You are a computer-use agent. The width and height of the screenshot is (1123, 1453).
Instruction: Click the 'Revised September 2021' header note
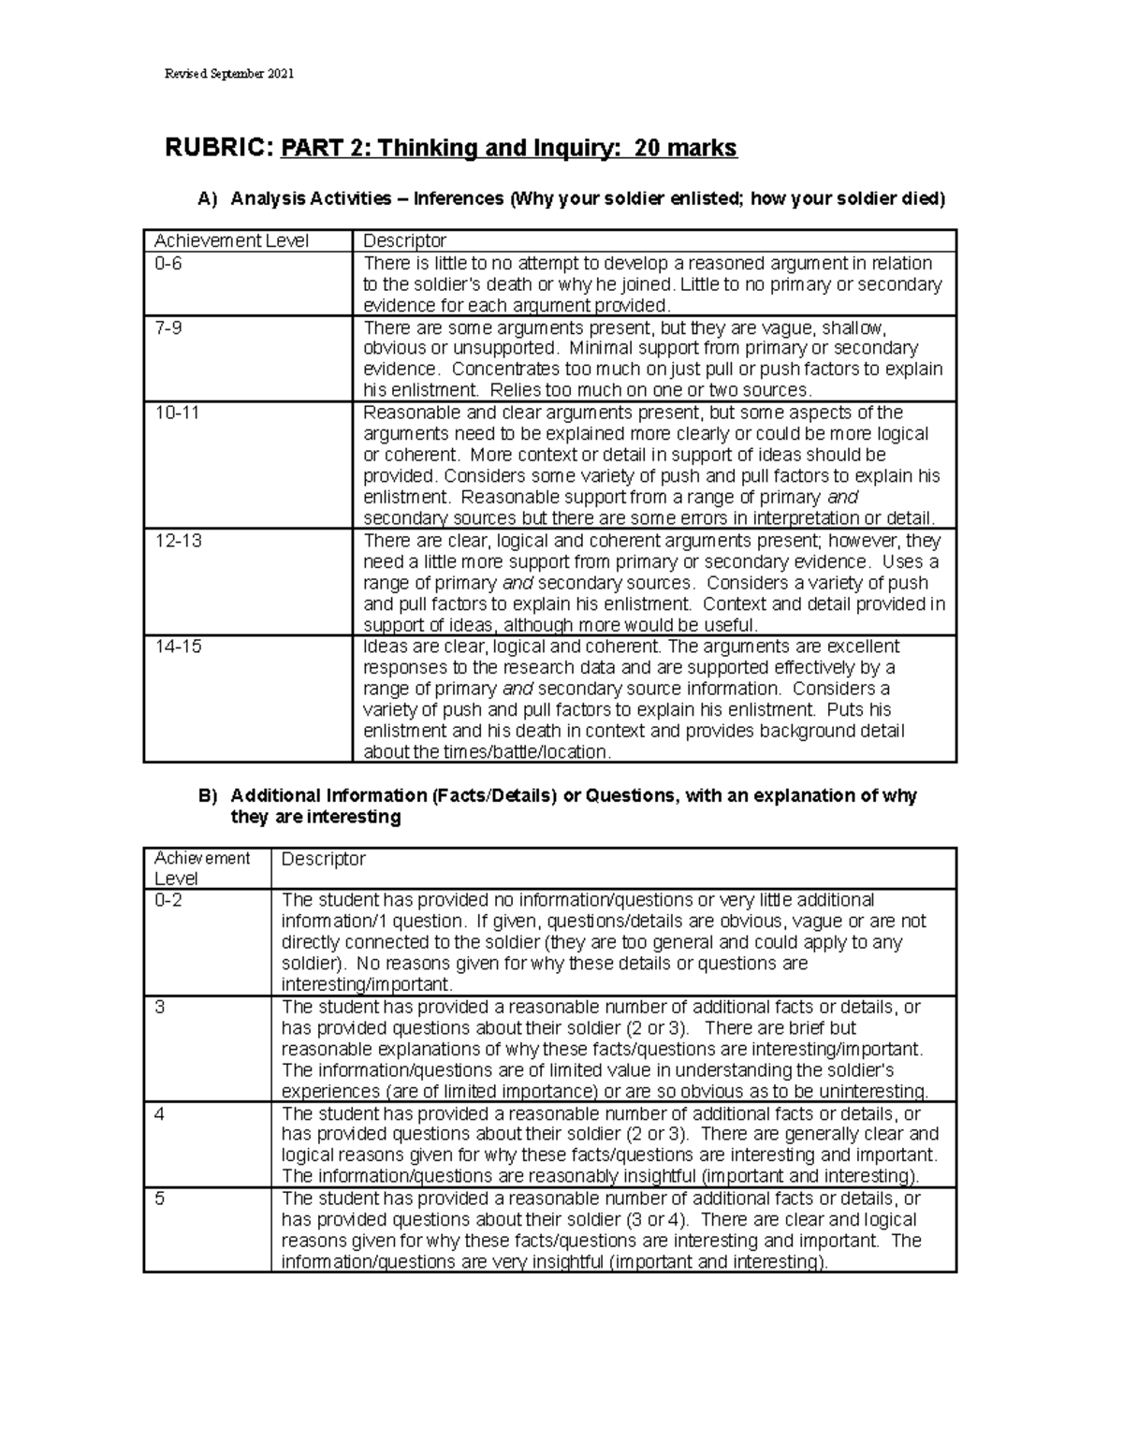pyautogui.click(x=228, y=74)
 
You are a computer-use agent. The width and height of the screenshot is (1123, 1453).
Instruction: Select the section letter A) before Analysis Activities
pyautogui.click(x=208, y=198)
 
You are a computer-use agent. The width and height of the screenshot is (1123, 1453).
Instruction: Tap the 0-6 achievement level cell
pyautogui.click(x=169, y=264)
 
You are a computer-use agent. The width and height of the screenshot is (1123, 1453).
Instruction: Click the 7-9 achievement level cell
pyautogui.click(x=169, y=328)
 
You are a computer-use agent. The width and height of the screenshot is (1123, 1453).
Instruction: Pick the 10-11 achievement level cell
pyautogui.click(x=177, y=413)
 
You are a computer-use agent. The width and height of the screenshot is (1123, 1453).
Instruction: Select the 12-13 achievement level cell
pyautogui.click(x=178, y=541)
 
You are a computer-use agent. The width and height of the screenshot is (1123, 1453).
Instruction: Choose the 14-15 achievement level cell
pyautogui.click(x=178, y=647)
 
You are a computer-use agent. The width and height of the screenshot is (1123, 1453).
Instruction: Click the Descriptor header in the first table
pyautogui.click(x=404, y=240)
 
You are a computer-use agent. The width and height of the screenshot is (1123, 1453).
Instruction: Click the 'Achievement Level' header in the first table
pyautogui.click(x=231, y=240)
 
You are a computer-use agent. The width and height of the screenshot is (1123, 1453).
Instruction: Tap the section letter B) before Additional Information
pyautogui.click(x=208, y=795)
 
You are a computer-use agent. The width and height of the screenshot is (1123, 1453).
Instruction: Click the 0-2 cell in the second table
pyautogui.click(x=169, y=900)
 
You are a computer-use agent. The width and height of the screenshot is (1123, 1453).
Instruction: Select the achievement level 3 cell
pyautogui.click(x=160, y=1008)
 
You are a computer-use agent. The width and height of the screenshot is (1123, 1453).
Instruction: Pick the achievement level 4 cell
pyautogui.click(x=160, y=1113)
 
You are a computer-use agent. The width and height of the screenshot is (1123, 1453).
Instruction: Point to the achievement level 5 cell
pyautogui.click(x=160, y=1199)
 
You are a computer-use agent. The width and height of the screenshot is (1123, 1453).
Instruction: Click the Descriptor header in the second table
pyautogui.click(x=323, y=859)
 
